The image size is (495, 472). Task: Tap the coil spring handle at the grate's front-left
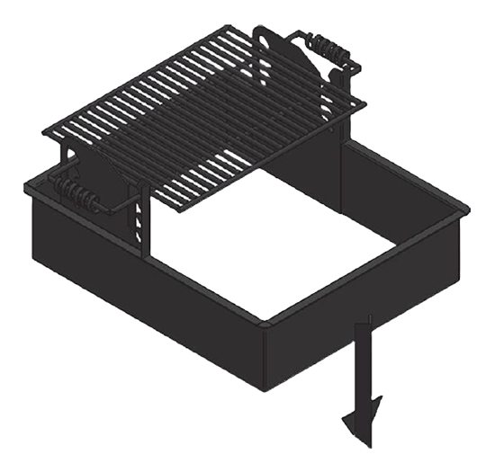[76, 193]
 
